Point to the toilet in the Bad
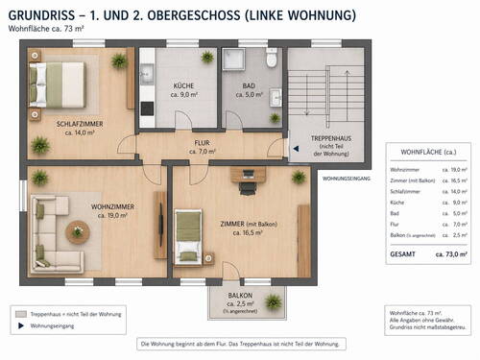[x=272, y=60]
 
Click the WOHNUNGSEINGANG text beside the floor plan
[x=346, y=179]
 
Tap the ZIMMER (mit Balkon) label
[x=249, y=224]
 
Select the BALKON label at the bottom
[x=240, y=296]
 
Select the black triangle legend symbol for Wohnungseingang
[x=19, y=325]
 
